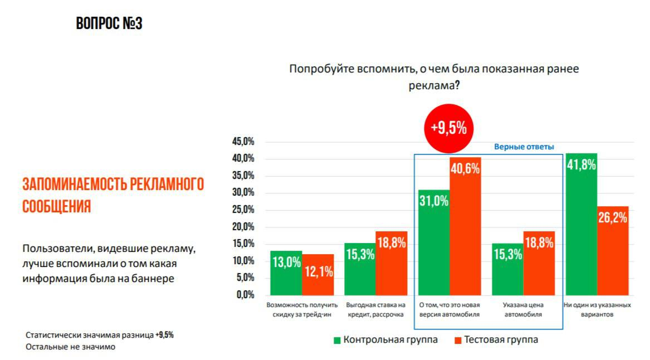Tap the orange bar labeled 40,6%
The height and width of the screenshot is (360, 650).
coord(465,226)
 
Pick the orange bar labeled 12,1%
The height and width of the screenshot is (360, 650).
coord(318,274)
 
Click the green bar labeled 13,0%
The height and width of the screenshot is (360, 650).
coord(286,273)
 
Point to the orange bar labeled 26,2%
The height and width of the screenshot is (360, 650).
coord(613,251)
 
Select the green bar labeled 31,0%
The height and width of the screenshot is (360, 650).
coord(434,242)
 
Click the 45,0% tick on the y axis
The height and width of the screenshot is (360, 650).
coord(243,142)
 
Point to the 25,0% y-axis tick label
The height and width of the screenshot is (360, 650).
coord(243,210)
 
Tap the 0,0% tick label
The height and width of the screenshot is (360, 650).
coord(245,295)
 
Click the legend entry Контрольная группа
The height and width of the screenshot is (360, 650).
coord(390,340)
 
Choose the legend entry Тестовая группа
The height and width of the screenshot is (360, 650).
coord(501,340)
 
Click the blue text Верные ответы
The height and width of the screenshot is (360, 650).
coord(524,147)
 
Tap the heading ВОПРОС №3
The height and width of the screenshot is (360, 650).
coord(109,23)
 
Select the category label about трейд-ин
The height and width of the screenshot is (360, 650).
coord(302,310)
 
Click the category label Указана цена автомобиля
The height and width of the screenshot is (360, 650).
coord(523,310)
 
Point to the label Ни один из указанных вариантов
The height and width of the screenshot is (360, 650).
coord(597,310)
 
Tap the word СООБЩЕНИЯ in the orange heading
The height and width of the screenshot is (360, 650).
coord(56,207)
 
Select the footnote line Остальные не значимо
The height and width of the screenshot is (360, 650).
coord(70,347)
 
